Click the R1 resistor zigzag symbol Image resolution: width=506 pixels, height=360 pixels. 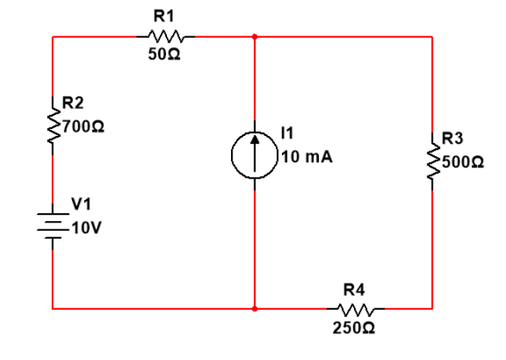(165, 36)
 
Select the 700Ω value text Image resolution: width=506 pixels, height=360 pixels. (80, 124)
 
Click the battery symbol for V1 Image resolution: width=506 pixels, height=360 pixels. (53, 225)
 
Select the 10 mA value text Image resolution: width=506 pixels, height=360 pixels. (307, 157)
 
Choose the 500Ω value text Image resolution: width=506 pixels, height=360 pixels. (464, 163)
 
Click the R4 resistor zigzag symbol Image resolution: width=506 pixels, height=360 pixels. (355, 309)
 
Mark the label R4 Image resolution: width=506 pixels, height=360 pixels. (354, 290)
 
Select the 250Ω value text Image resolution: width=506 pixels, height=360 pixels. (355, 329)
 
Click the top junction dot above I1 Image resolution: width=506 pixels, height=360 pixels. (255, 36)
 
